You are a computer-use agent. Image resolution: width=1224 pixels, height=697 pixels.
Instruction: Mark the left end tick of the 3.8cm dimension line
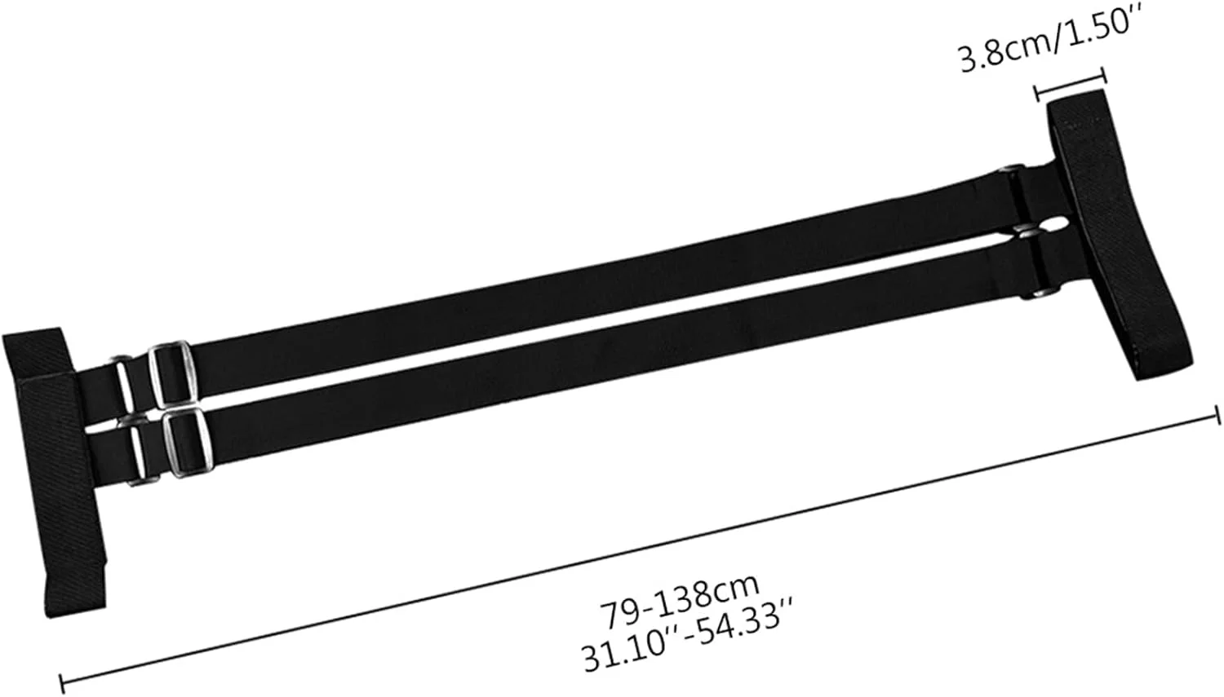[1038, 93]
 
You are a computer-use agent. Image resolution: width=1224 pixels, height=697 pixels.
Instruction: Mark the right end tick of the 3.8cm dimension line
[1104, 75]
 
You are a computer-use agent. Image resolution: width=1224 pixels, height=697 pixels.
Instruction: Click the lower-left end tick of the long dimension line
[62, 683]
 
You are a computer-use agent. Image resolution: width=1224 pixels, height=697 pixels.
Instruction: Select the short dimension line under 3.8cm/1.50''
[1071, 84]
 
